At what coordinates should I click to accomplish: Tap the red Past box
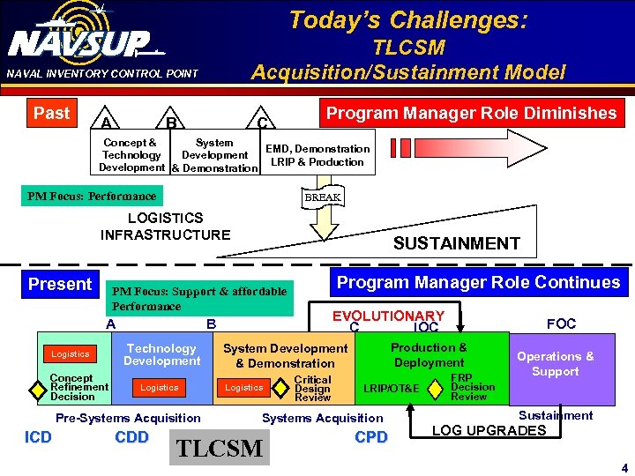coord(51,113)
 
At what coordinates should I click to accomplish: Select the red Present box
coord(59,284)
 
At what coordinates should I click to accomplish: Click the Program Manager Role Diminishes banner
coord(471,113)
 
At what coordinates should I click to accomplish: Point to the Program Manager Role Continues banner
coord(479,283)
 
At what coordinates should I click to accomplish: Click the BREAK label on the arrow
coord(323,197)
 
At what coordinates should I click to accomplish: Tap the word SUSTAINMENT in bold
coord(456,243)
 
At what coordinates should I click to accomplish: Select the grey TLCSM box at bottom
coord(220,448)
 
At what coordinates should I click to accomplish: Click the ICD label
coord(38,437)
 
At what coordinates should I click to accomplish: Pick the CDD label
coord(131,437)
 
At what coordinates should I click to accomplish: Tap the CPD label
coord(370,437)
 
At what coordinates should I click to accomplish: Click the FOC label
coord(561,324)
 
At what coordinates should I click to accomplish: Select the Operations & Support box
coord(555,364)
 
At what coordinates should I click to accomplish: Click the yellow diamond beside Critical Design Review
coord(281,387)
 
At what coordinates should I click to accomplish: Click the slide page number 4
coord(624,466)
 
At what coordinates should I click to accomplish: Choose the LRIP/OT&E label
coord(392,388)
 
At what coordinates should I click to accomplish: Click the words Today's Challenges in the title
coord(407,19)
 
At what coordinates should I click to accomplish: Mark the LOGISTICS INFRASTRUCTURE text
coord(165,226)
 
